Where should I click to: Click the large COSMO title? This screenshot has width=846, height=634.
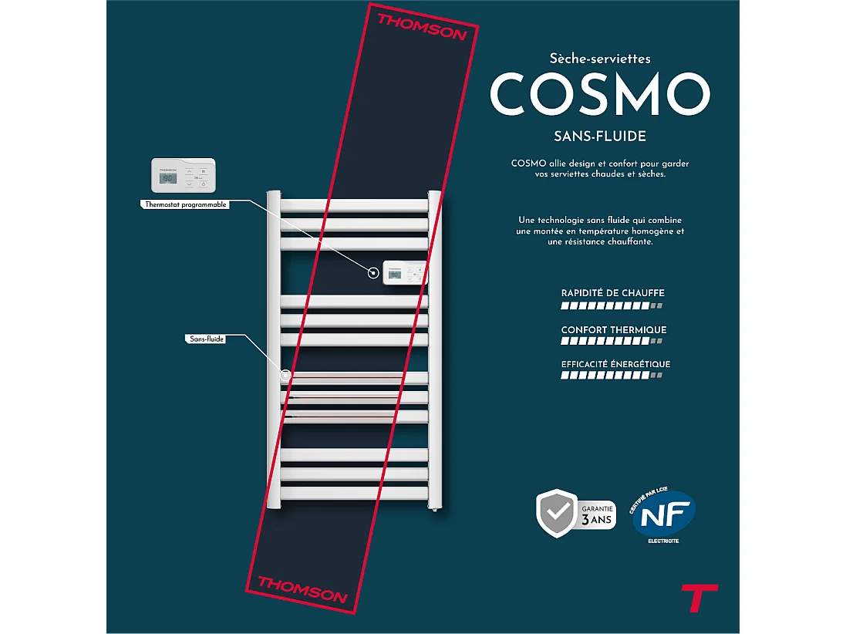(599, 94)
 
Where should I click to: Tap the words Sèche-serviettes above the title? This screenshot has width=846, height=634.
(600, 58)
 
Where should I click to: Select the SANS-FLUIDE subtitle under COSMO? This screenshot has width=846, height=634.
(599, 137)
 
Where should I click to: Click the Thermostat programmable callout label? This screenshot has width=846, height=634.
(186, 205)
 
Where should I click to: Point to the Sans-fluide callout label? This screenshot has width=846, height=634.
(207, 339)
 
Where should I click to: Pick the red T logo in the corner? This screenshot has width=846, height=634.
(699, 598)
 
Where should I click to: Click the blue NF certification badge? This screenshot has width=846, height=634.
(663, 515)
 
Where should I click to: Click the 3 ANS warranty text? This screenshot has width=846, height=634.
(597, 519)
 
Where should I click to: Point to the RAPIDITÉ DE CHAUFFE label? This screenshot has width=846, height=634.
(612, 293)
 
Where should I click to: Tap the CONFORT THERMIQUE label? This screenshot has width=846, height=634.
(614, 330)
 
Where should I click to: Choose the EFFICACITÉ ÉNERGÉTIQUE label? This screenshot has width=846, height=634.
(615, 364)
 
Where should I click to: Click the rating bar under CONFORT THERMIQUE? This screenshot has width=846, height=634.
(612, 341)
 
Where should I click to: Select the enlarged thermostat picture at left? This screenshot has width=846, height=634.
(183, 176)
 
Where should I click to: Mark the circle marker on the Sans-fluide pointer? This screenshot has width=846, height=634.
(286, 376)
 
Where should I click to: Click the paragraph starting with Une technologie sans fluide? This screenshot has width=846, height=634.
(600, 231)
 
